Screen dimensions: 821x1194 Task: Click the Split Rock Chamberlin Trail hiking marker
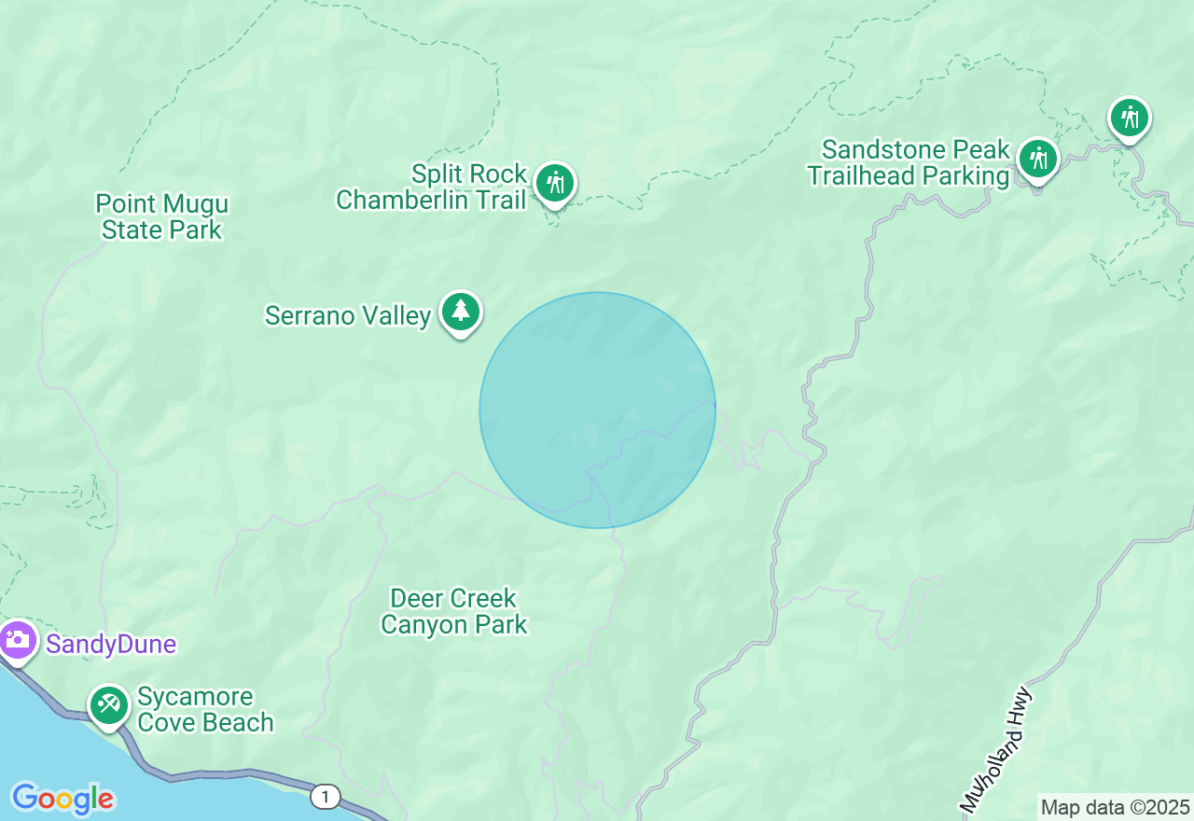[x=556, y=181]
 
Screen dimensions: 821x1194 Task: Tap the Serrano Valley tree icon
[x=460, y=311]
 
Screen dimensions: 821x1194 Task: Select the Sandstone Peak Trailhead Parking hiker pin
[x=1037, y=159]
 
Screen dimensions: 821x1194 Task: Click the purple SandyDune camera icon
[x=17, y=640]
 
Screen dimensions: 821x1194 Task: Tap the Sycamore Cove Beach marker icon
[x=109, y=704]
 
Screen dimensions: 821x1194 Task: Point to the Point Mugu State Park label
[x=162, y=216]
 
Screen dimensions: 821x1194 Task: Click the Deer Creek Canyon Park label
[x=454, y=611]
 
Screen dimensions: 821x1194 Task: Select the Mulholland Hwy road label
[x=997, y=749]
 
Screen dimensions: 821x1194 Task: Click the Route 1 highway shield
[x=325, y=796]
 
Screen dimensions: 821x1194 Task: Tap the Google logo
[x=62, y=799]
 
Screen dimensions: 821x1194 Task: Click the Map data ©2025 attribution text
[x=1115, y=807]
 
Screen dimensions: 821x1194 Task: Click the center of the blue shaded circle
[x=597, y=410]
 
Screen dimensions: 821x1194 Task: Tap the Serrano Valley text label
[x=348, y=315]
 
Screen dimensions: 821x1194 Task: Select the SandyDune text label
[x=111, y=644]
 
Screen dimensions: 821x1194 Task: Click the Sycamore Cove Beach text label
[x=205, y=710]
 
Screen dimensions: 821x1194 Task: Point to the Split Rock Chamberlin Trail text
[x=432, y=187]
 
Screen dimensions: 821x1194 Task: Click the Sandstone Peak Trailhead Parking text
[x=909, y=162]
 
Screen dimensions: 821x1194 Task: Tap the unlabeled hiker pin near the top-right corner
[x=1130, y=118]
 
